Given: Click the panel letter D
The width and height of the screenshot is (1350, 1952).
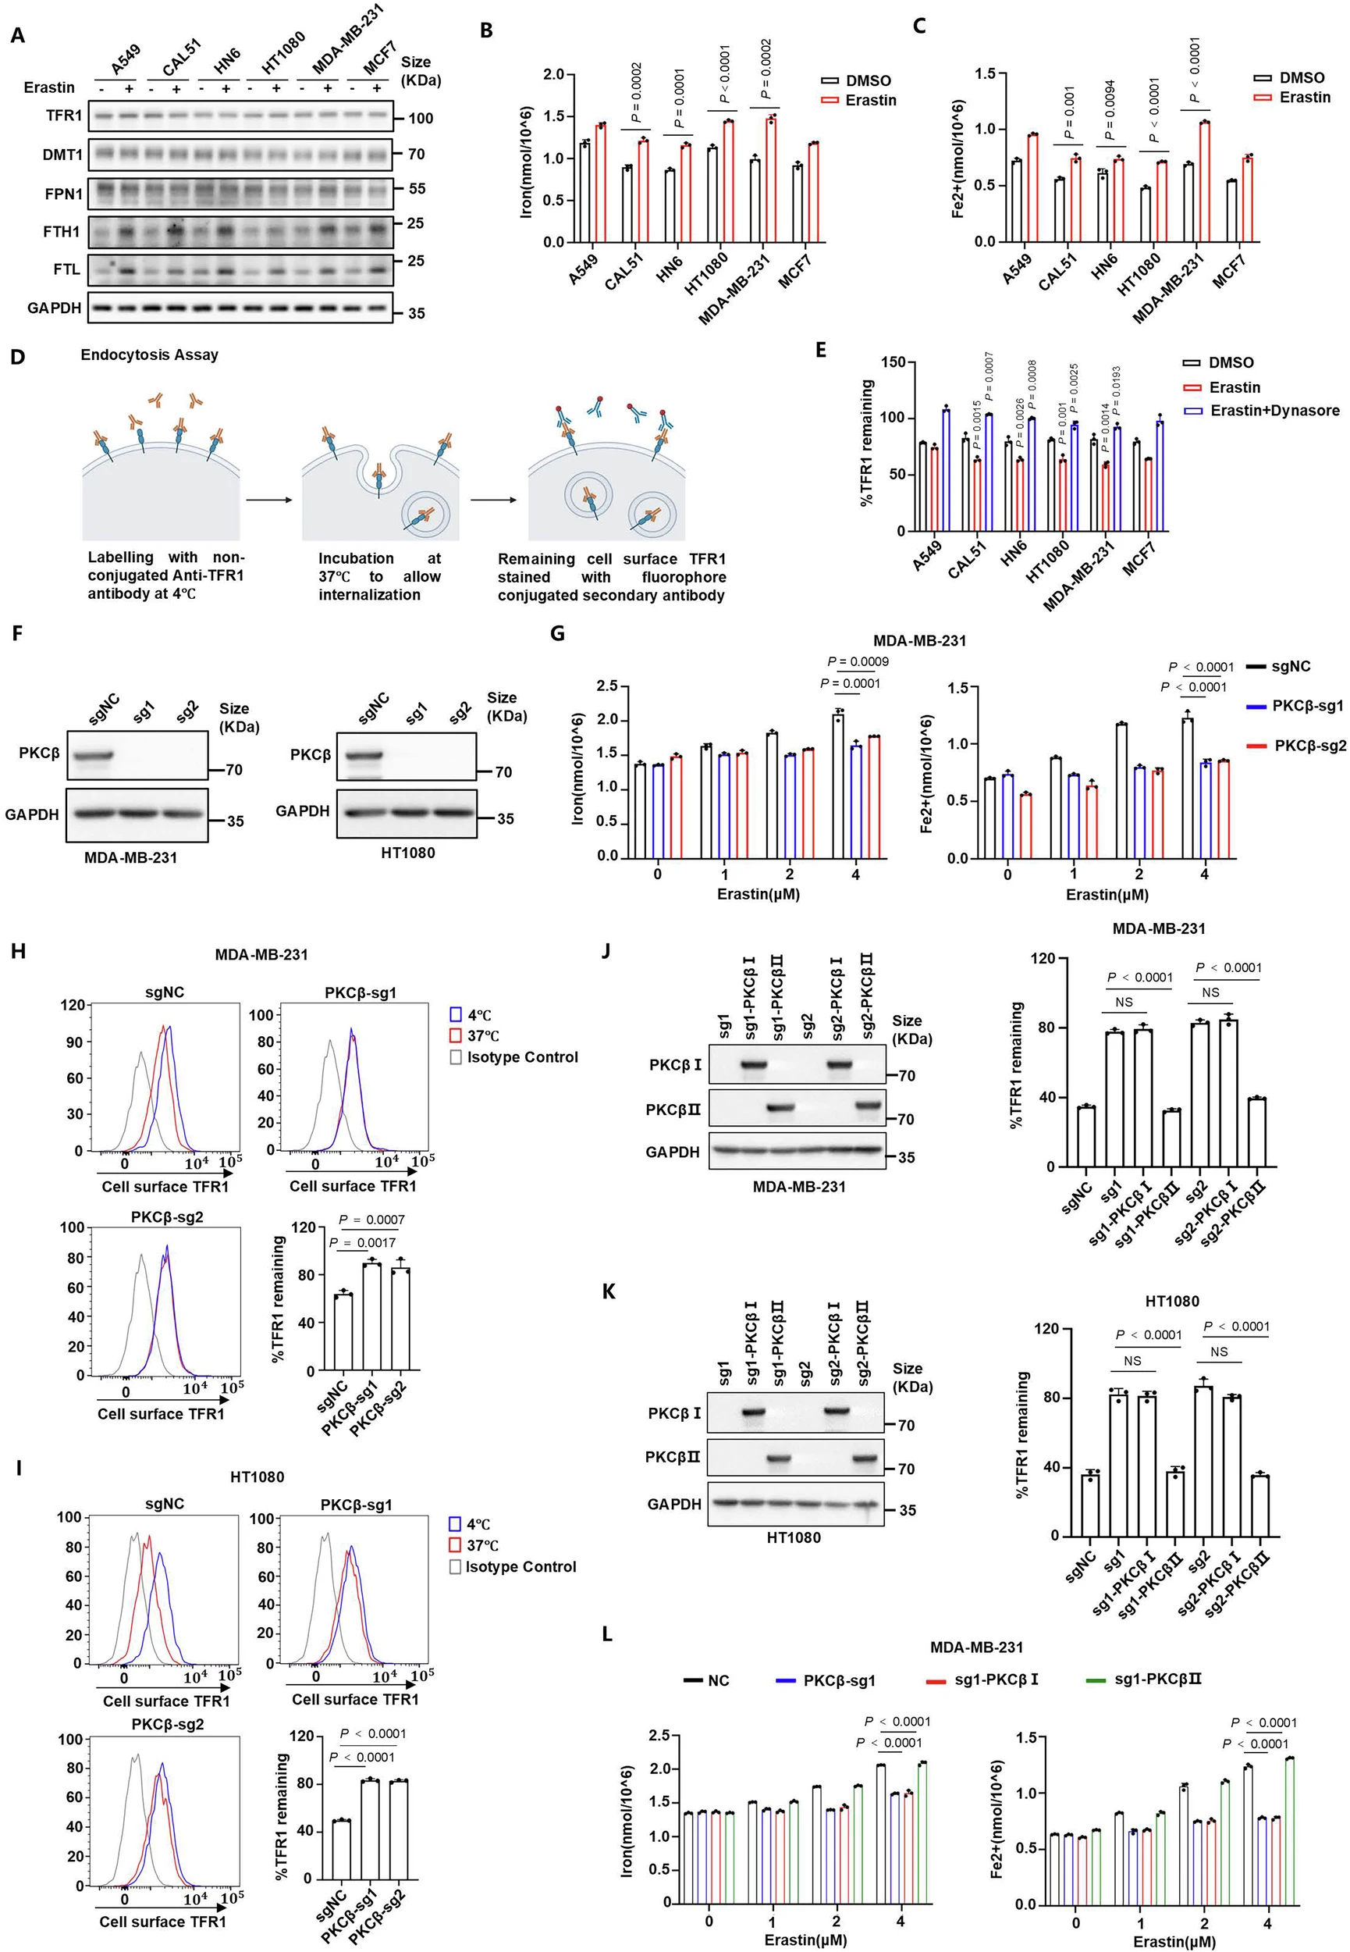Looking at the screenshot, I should [x=18, y=356].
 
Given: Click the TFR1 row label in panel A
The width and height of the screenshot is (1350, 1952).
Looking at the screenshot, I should [x=64, y=116].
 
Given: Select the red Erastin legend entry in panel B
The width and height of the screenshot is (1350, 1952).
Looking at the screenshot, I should [x=858, y=100].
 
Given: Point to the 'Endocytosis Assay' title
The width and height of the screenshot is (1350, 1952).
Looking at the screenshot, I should [x=150, y=354].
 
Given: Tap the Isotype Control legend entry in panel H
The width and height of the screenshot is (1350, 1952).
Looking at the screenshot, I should [x=513, y=1056].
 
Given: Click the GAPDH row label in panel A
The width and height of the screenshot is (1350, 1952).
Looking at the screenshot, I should [x=54, y=308].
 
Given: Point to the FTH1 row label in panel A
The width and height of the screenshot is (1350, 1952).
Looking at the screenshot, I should [x=62, y=231].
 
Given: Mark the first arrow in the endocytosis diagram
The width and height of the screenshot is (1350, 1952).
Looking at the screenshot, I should [x=269, y=500].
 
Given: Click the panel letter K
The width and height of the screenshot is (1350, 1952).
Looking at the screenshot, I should [x=608, y=1291].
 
